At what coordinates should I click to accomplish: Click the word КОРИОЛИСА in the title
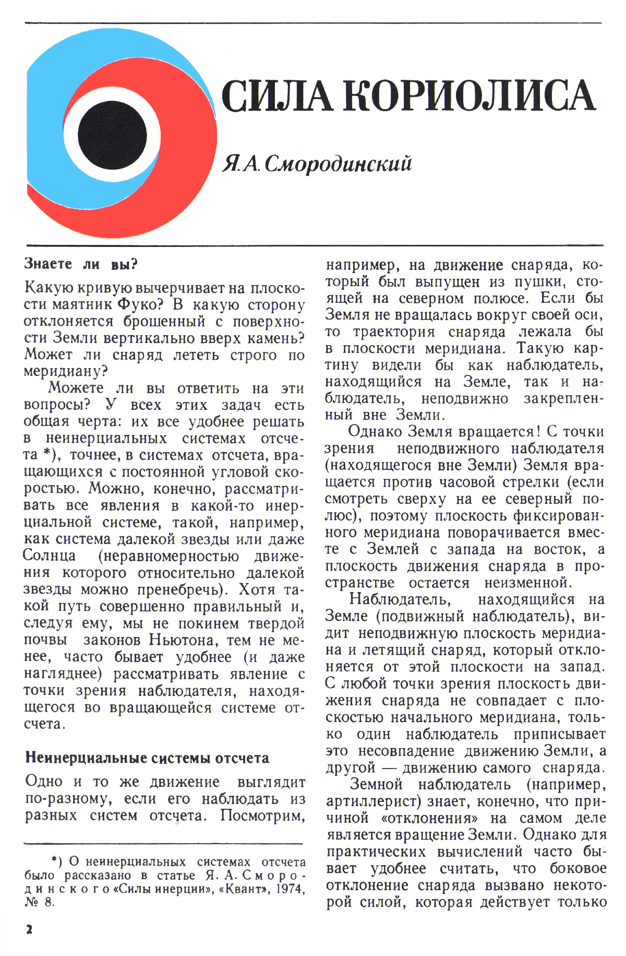pos(468,96)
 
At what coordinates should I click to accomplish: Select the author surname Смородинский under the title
pos(338,164)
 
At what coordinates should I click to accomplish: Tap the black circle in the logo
pos(112,132)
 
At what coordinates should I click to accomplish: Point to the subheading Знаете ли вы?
pos(81,264)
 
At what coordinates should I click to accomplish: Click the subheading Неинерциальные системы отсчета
pos(147,758)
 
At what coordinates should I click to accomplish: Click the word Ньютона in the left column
pos(182,640)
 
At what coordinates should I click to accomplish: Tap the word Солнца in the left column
pos(50,556)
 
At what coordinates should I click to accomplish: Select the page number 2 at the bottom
pos(29,929)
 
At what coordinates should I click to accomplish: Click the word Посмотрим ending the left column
pos(262,815)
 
